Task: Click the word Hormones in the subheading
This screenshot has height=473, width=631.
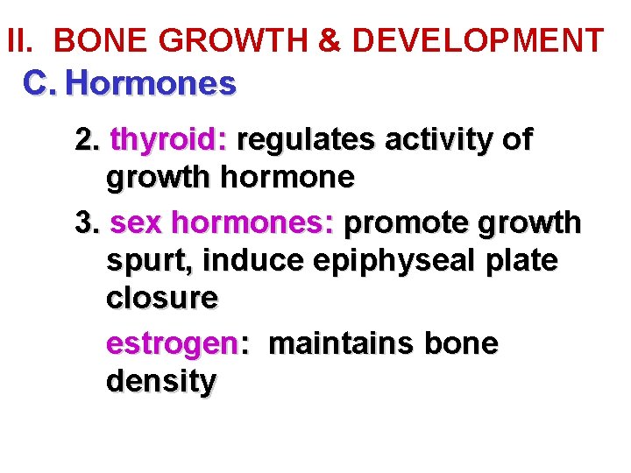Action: pos(151,84)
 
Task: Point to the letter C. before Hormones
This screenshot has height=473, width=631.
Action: pos(40,84)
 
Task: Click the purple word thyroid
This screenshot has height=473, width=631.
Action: pos(169,140)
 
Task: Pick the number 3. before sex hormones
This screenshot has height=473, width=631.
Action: pos(88,223)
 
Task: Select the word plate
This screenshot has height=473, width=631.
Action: pos(517,262)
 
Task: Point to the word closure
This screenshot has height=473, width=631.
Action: pos(161,299)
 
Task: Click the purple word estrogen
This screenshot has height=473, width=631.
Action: pos(172,344)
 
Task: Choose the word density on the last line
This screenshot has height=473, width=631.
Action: pos(160,382)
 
